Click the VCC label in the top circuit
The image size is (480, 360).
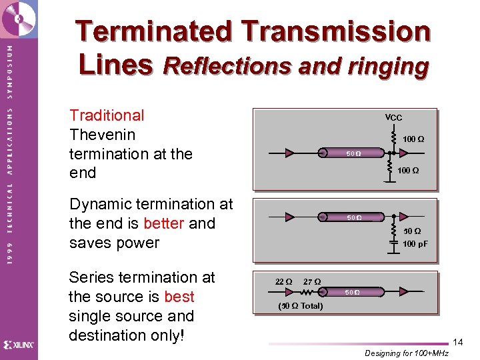pos(393,117)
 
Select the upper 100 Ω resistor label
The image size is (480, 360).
pos(413,139)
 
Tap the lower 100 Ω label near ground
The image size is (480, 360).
pos(408,171)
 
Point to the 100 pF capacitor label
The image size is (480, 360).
pos(415,244)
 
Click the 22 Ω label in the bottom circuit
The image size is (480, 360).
pos(283,282)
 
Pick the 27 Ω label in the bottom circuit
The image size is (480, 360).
pos(312,282)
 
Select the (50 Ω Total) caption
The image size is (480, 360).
pos(300,306)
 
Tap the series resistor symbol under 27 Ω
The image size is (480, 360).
pos(309,292)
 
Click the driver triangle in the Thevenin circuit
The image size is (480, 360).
pos(289,153)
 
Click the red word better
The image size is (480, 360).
pos(163,223)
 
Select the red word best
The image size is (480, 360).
pos(179,297)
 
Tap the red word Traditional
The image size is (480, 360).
pos(107,115)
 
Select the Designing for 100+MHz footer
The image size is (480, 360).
pos(407,353)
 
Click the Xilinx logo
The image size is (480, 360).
pos(19,345)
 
